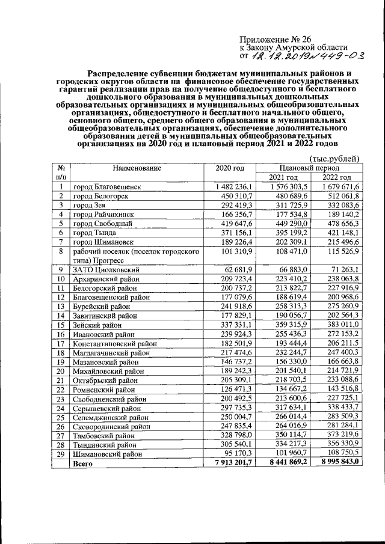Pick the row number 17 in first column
[60, 344]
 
